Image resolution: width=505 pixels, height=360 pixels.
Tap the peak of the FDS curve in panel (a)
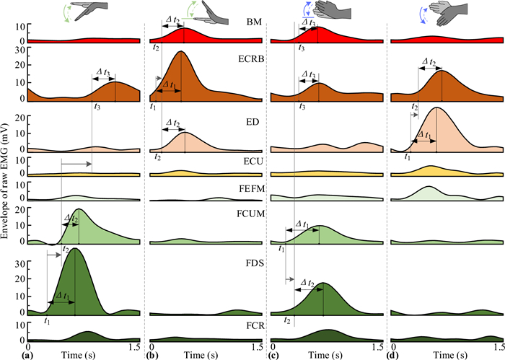[74, 248]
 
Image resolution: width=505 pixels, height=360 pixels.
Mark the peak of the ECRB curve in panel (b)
[180, 52]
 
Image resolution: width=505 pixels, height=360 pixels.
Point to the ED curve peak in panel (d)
[436, 107]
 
